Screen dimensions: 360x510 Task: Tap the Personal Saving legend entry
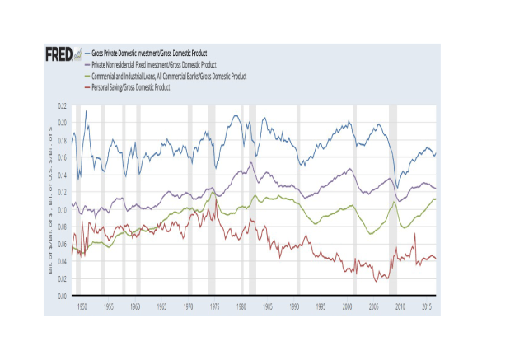coord(132,86)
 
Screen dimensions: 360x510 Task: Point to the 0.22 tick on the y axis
coord(62,106)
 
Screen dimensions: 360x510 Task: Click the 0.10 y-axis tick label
coord(62,209)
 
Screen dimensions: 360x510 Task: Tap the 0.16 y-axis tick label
coord(62,157)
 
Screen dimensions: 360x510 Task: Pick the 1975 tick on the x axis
coord(213,306)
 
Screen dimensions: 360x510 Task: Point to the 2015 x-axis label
coord(425,306)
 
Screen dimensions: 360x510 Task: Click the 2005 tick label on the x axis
coord(372,306)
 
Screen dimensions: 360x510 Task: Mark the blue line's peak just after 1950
coord(86,110)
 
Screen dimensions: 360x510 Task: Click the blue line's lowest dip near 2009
coord(396,188)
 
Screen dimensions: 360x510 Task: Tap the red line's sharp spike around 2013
coord(414,234)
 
